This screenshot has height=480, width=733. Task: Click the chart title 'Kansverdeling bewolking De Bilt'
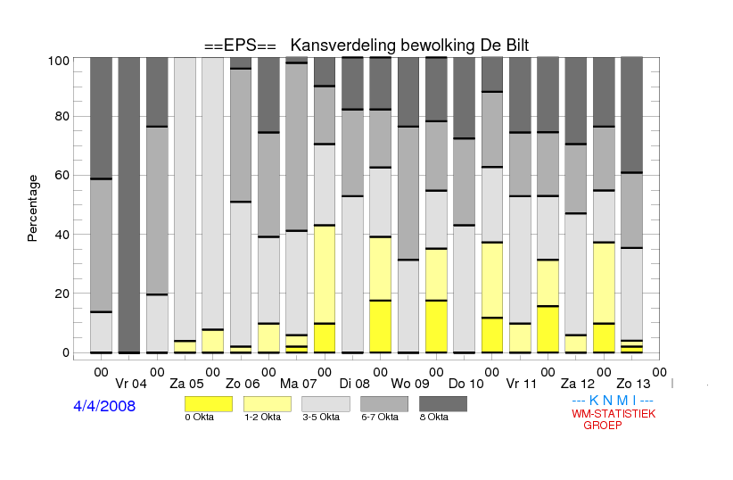[x=409, y=46]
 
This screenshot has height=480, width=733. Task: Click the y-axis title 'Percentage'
[x=32, y=208]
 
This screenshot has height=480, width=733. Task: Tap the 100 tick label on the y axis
[x=59, y=61]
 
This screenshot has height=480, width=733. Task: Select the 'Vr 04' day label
[x=131, y=385]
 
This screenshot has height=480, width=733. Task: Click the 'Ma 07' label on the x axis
[x=298, y=385]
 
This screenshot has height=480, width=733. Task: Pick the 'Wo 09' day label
[x=410, y=385]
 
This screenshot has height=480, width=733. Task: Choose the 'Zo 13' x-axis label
[x=633, y=385]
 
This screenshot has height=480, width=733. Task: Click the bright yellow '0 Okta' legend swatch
[x=209, y=404]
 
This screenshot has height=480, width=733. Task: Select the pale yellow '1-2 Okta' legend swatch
[x=268, y=404]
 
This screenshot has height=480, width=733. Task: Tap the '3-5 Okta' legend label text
[x=321, y=417]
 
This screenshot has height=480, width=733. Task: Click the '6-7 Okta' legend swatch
[x=384, y=404]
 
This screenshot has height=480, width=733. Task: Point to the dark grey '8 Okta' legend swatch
[x=443, y=404]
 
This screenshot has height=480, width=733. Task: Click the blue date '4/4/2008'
[x=104, y=406]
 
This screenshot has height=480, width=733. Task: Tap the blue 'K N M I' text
[x=613, y=401]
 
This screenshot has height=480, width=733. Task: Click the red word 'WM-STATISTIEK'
[x=614, y=414]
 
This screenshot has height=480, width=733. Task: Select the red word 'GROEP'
[x=603, y=426]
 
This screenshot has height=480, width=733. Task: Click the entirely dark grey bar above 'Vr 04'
[x=129, y=205]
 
